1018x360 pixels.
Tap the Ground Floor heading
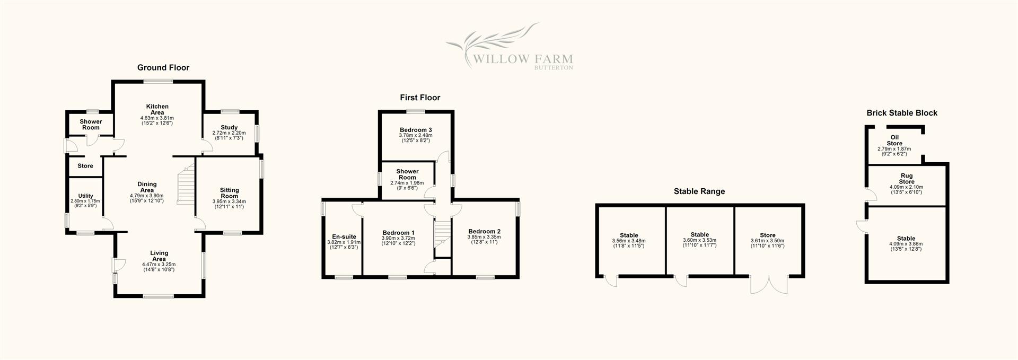163,67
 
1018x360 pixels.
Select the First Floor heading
420,98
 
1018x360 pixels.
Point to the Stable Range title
699,191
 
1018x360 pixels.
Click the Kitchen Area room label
157,109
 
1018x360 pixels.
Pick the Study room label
229,127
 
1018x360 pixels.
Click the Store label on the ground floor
85,166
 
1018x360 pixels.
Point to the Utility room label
85,196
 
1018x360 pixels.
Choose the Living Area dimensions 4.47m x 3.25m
159,264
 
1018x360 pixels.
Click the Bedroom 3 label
416,130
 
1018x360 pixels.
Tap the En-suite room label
344,237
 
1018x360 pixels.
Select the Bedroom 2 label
484,231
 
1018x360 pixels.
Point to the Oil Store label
894,141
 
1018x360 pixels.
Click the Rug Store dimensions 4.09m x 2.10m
906,187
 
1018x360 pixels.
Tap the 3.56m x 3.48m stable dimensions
629,241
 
